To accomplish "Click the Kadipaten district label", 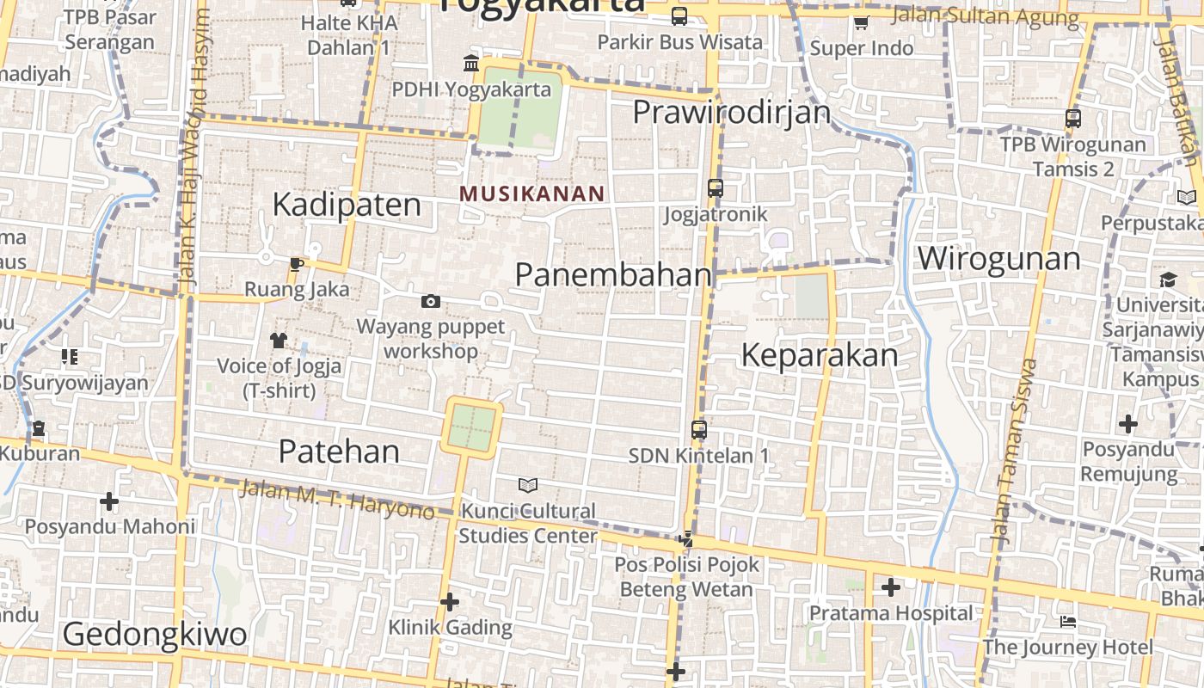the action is [x=347, y=205].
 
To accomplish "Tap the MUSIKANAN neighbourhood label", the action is [x=532, y=193].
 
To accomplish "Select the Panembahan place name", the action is [x=613, y=274].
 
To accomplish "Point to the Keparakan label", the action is [x=819, y=355].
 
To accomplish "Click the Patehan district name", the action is [x=339, y=451].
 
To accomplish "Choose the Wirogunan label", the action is [x=998, y=258].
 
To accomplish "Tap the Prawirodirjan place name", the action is [x=732, y=112].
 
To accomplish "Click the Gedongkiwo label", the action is [x=155, y=635].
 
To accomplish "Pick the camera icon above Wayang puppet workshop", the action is [x=431, y=301].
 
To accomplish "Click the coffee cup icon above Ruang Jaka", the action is [x=297, y=264].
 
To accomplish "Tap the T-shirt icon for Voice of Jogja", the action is [x=278, y=341].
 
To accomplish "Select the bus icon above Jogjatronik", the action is [x=715, y=187].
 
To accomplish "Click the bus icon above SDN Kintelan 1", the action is [x=699, y=429].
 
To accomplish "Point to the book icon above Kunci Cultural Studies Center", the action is [x=528, y=485].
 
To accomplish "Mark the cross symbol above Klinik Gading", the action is [x=449, y=602].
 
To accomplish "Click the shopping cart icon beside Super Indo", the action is [x=861, y=22].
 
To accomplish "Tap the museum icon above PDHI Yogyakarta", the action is [x=471, y=64].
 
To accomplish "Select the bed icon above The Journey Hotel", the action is [x=1067, y=621].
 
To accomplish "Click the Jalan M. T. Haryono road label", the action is [x=336, y=499].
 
